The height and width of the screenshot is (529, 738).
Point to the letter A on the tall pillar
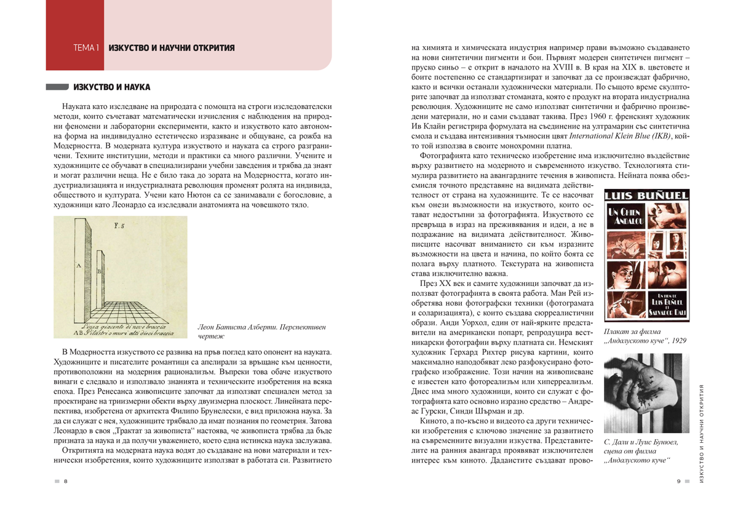[78, 266]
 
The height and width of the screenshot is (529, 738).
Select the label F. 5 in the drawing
[118, 226]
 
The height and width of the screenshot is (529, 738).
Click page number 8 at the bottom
[65, 481]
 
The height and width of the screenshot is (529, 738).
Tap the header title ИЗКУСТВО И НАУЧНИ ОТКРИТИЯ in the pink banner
[172, 48]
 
